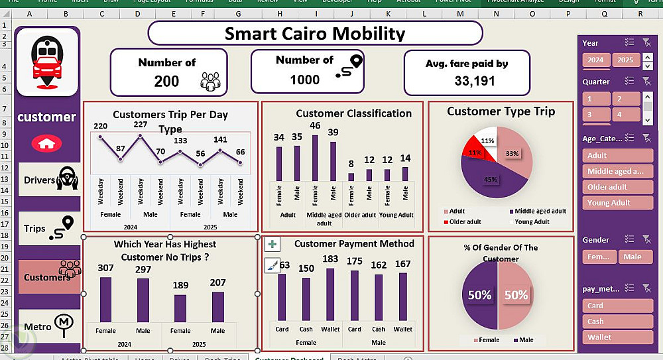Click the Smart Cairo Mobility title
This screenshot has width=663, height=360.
tap(315, 33)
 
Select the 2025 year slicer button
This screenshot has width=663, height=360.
tap(625, 60)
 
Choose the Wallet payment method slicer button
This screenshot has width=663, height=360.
tap(619, 337)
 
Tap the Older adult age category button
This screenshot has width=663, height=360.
tap(619, 187)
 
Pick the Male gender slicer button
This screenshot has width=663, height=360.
tap(635, 257)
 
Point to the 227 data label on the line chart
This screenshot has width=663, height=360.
tap(140, 125)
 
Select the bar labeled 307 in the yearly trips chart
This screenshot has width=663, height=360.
tap(105, 299)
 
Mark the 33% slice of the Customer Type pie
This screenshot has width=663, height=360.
tap(514, 154)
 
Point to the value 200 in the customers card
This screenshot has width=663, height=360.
tap(166, 81)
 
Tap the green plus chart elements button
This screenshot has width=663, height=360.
tap(272, 245)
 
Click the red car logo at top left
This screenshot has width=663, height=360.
tap(46, 64)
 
